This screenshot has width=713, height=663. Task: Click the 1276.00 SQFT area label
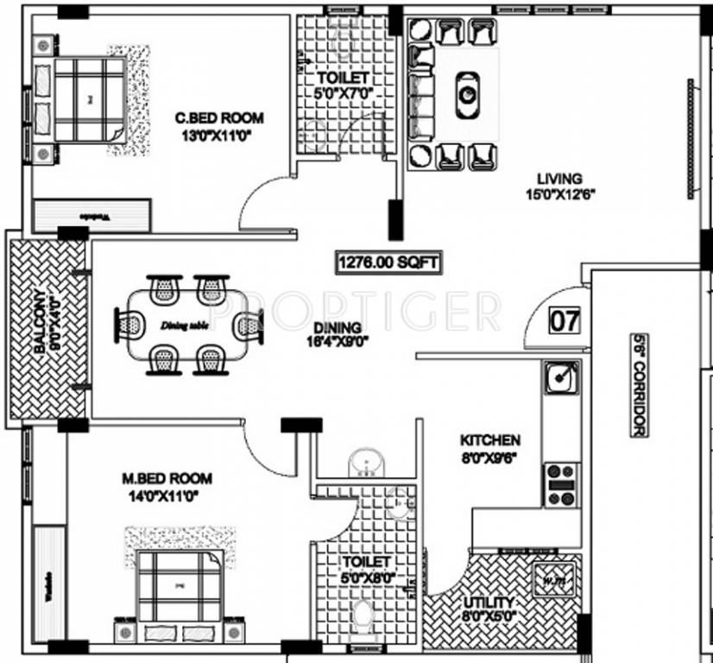point(378,260)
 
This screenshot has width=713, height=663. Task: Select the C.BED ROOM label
point(219,118)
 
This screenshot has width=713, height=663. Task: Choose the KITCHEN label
point(489,439)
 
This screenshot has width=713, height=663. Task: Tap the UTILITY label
point(489,602)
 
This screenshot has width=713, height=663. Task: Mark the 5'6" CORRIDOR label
point(640,384)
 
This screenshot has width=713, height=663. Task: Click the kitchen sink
point(558,377)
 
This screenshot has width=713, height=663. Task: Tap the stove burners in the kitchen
point(559,484)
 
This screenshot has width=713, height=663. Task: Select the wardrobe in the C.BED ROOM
point(93,215)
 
